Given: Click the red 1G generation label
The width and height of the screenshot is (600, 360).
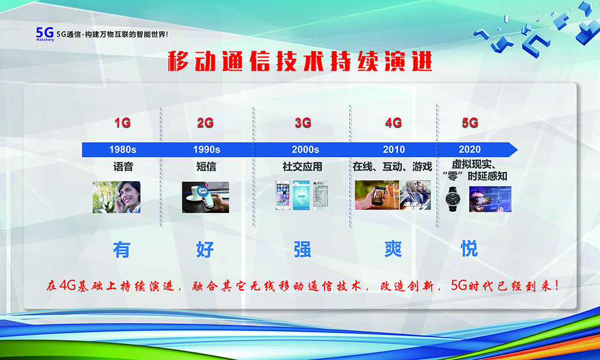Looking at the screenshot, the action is (x=123, y=123).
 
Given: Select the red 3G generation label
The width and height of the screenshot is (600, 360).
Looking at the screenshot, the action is (x=303, y=123).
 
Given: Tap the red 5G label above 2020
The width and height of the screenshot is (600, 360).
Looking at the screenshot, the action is (x=470, y=123).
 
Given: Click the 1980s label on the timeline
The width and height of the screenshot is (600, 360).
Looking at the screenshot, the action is (x=123, y=149).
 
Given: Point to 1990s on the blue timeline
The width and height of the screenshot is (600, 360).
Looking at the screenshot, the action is (x=206, y=149).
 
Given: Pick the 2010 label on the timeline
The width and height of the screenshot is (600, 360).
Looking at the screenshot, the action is (x=394, y=149).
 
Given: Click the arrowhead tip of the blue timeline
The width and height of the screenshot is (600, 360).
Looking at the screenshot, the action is (x=517, y=149).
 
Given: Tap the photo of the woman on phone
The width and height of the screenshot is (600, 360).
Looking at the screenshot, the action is (x=116, y=197).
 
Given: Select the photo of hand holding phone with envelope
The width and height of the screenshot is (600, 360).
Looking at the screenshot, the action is (x=205, y=197).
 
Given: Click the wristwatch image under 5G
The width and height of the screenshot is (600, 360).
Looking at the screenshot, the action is (x=454, y=199).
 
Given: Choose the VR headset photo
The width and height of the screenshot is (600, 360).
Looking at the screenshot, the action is (x=490, y=199).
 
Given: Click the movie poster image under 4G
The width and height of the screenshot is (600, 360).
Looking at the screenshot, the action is (x=415, y=195).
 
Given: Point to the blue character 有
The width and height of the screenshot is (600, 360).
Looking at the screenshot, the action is (x=122, y=250).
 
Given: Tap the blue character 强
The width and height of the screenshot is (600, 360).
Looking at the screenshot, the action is (x=302, y=249).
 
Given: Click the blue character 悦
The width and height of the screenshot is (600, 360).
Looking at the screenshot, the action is (x=470, y=248).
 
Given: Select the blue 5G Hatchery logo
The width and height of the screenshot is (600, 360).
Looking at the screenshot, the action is (x=45, y=34).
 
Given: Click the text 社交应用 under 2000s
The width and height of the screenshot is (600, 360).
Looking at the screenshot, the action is (x=302, y=167).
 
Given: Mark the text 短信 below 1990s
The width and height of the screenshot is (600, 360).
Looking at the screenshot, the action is (x=206, y=167).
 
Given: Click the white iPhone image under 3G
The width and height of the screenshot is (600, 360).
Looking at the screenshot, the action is (x=283, y=195).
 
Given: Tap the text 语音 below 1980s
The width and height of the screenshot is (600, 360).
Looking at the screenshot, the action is (x=123, y=167).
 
